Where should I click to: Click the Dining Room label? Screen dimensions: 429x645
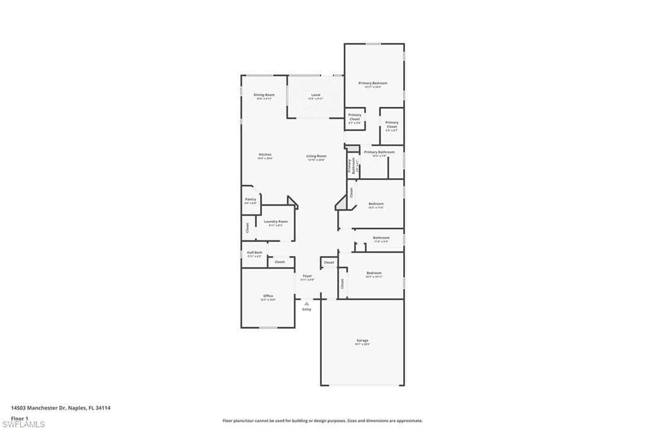[265, 95]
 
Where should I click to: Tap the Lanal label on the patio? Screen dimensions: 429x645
[316, 95]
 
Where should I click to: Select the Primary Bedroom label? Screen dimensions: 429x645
[373, 83]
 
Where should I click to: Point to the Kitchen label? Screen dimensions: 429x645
[265, 155]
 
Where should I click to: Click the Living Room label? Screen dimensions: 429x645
[316, 156]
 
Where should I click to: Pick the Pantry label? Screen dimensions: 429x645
[251, 199]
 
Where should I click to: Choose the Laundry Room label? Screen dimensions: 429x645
[276, 221]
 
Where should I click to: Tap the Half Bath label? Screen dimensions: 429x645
[254, 252]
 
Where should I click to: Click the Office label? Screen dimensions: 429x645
[268, 296]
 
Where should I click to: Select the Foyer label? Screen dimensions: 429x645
[307, 276]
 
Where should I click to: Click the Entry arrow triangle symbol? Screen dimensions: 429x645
[307, 303]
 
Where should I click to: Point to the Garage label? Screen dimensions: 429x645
[362, 340]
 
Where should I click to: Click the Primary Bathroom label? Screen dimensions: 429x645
[379, 152]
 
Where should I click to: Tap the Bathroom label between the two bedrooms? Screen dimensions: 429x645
[381, 238]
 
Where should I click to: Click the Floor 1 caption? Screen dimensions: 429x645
[20, 418]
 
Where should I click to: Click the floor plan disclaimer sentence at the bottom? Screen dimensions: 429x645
[322, 421]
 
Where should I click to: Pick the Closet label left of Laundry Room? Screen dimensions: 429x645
[248, 227]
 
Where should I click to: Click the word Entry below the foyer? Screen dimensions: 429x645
[307, 309]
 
